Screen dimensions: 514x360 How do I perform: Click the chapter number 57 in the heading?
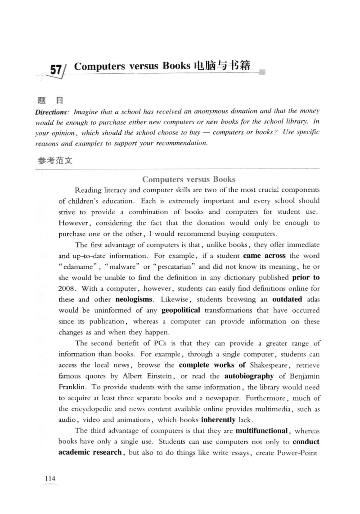[56, 71]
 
